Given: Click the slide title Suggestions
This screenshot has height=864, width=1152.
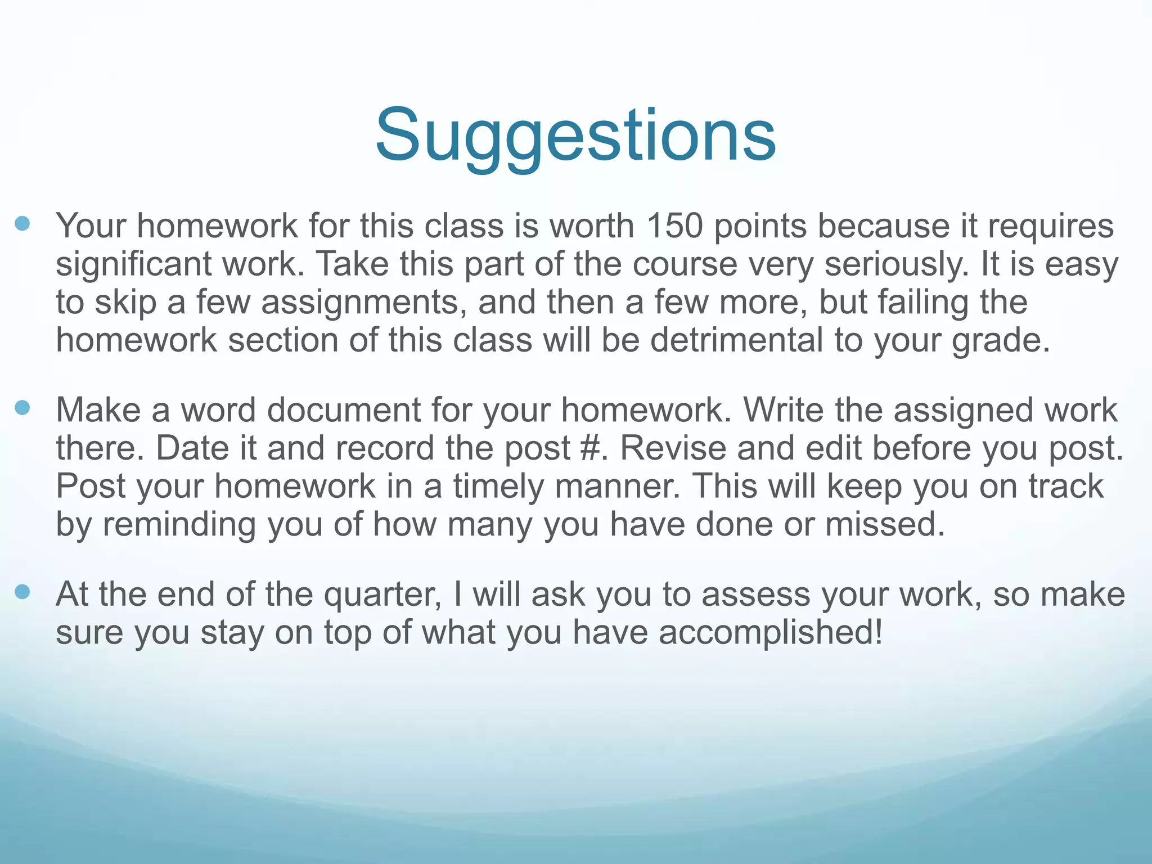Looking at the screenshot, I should point(575,135).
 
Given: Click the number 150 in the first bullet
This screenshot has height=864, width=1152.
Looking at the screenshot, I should point(674,226).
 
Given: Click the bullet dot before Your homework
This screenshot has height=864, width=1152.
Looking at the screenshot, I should point(22,224).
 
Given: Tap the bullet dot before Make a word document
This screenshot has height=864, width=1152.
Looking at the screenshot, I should point(22,408).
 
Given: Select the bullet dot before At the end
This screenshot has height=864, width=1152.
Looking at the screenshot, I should point(22,592).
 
